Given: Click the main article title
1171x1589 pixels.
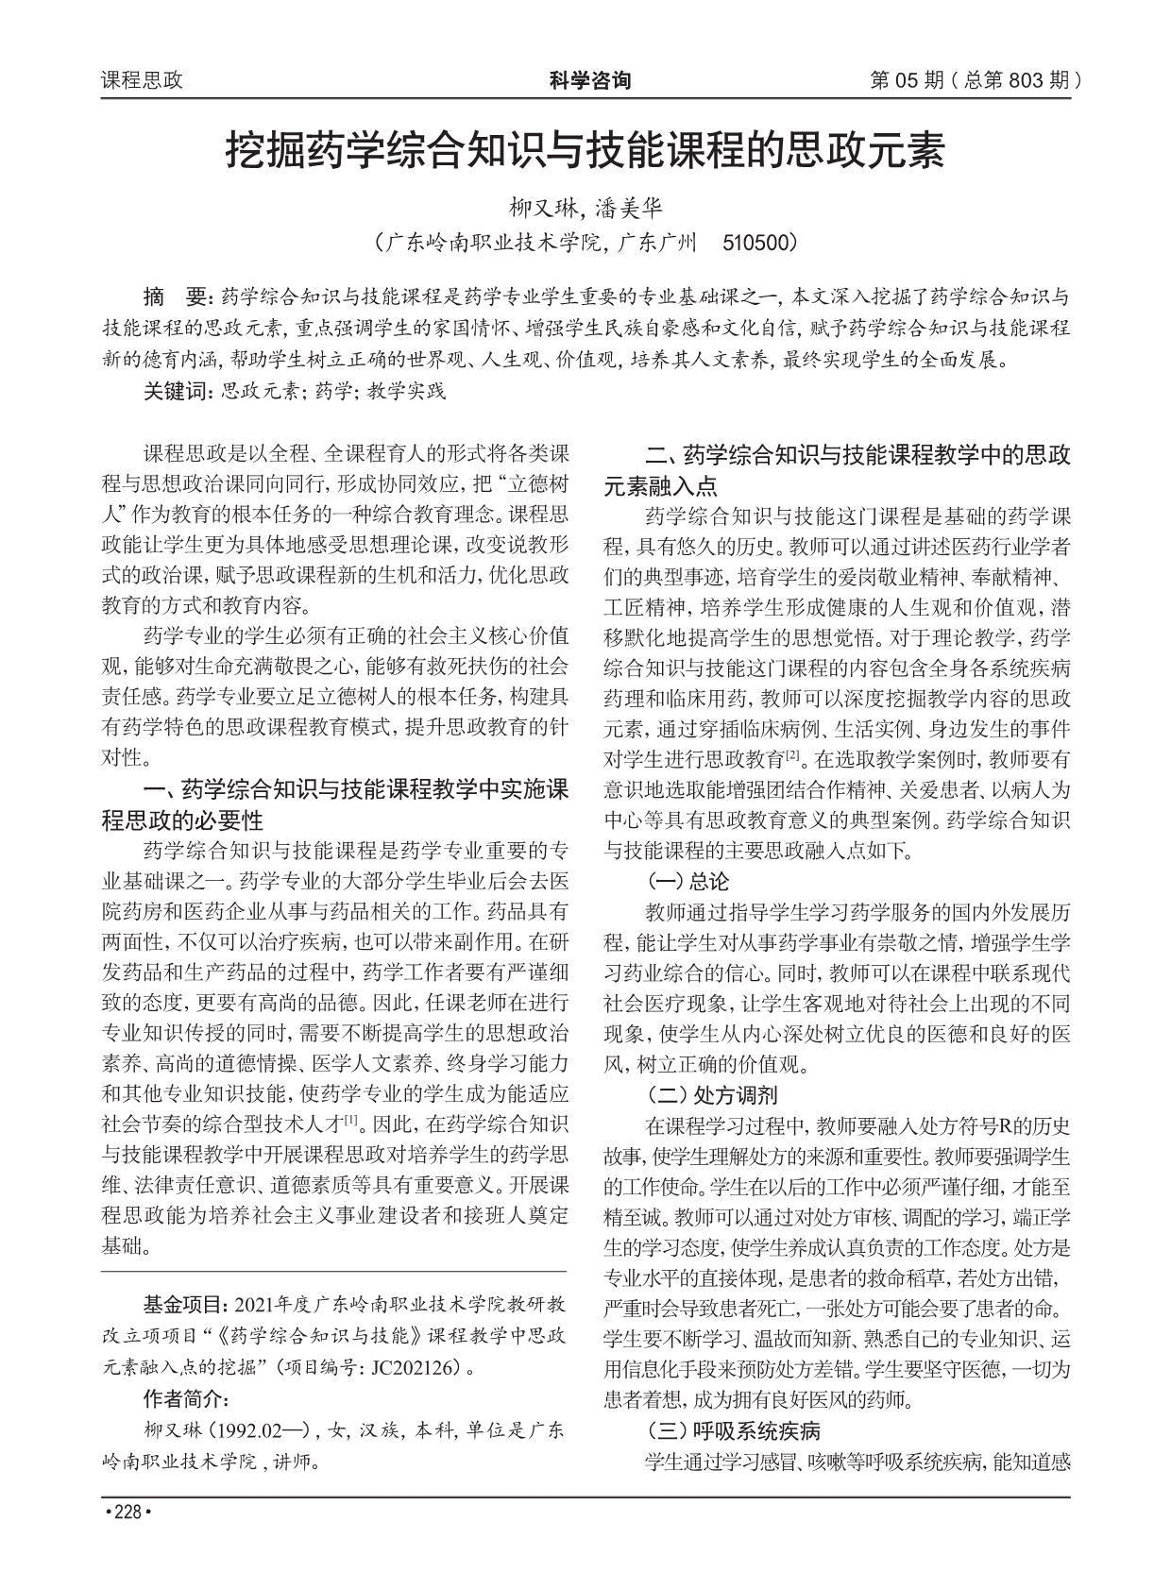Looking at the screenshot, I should pyautogui.click(x=585, y=151).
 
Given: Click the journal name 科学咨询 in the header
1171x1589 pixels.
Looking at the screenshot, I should pyautogui.click(x=589, y=81).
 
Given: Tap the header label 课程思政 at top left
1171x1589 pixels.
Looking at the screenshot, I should pyautogui.click(x=142, y=81).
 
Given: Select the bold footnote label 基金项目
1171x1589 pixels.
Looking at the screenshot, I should pyautogui.click(x=183, y=1305).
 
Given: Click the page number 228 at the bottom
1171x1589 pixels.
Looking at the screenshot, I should pyautogui.click(x=127, y=1513).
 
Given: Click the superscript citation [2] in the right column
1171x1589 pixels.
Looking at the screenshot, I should pyautogui.click(x=793, y=754).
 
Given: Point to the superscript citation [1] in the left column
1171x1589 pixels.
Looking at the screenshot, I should pyautogui.click(x=350, y=1121).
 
